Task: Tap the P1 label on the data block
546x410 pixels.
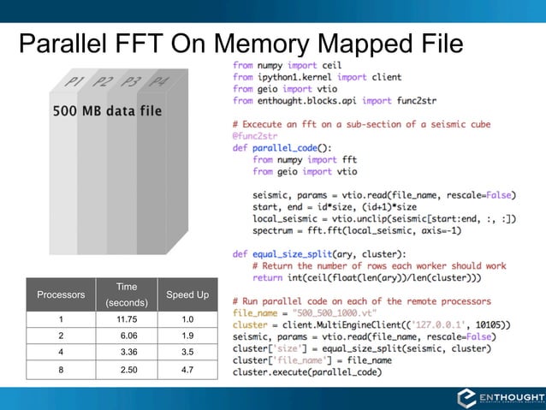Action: point(73,82)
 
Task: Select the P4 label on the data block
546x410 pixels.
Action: point(158,82)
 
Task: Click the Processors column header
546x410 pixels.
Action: point(61,294)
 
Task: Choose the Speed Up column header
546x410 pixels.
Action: point(187,294)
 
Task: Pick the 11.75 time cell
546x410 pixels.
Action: point(128,319)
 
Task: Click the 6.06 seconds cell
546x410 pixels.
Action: point(128,336)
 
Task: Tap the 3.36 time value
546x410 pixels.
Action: point(128,352)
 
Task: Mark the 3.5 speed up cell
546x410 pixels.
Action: point(187,352)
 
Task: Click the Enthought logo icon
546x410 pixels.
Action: point(468,397)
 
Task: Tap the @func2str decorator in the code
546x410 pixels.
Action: point(255,135)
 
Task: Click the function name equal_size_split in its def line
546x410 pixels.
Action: point(294,253)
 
